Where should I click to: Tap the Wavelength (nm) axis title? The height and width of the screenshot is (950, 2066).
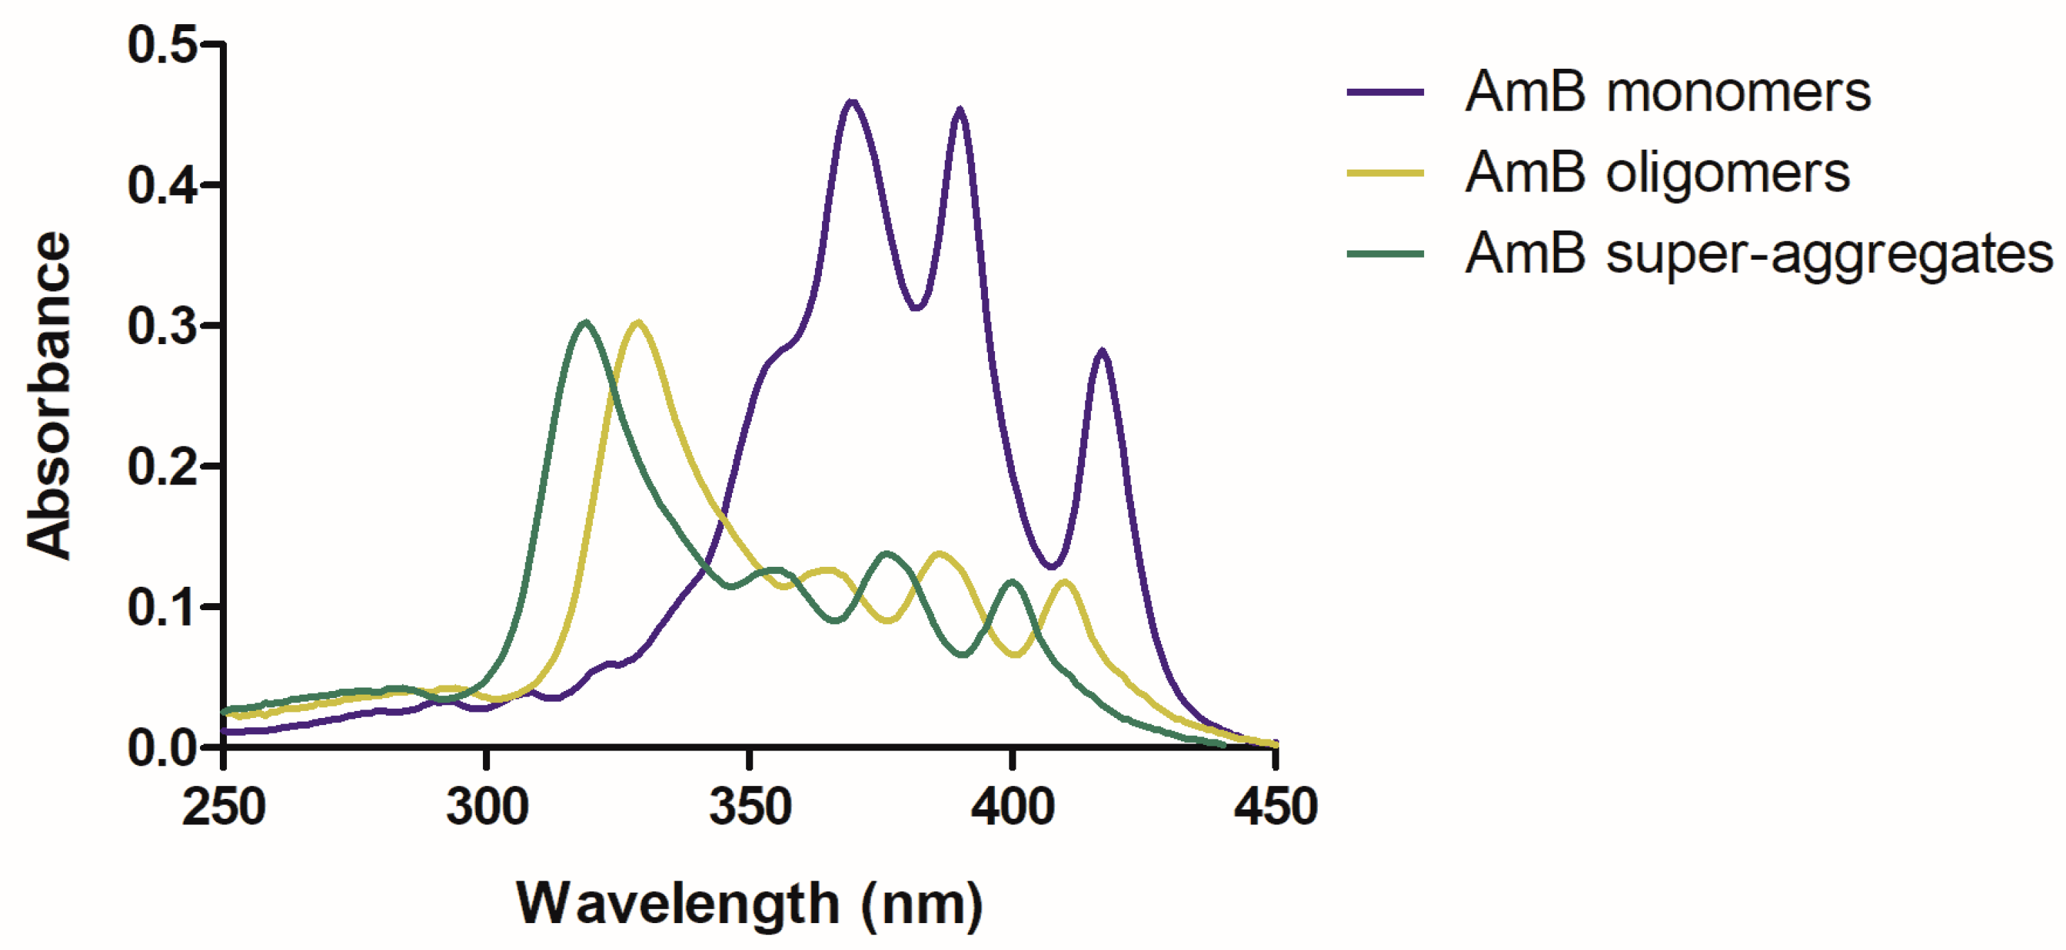(750, 905)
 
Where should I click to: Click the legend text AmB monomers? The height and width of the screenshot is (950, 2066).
(1667, 92)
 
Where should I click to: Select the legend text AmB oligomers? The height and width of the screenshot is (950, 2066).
(1657, 172)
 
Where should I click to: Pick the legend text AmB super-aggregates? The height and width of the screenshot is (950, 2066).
(1758, 254)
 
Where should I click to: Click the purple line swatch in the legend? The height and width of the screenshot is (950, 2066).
(1385, 92)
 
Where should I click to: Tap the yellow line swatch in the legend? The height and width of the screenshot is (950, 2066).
(1385, 172)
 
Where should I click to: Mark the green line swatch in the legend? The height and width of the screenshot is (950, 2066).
(1385, 253)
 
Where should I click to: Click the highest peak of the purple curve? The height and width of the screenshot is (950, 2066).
(852, 102)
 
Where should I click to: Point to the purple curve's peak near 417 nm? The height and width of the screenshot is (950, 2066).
(1103, 350)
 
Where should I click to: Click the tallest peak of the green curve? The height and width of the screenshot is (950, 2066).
(587, 323)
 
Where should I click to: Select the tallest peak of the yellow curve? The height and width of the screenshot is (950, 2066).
(638, 323)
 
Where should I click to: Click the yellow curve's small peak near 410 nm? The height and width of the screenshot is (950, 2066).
(1065, 582)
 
